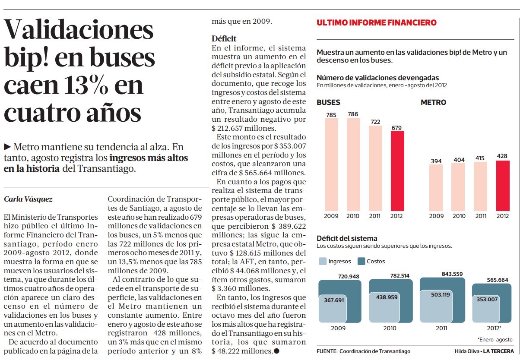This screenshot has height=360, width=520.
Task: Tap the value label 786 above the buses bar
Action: point(353,114)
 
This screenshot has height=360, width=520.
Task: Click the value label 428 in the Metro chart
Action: point(502,156)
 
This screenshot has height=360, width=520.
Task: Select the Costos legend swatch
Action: point(361,261)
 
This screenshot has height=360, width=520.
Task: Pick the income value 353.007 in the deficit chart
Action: point(487,299)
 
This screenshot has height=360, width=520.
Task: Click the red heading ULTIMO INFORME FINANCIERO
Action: point(376,23)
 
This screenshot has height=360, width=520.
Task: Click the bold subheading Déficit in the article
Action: point(224,38)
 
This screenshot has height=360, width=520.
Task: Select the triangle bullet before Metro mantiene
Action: point(8,146)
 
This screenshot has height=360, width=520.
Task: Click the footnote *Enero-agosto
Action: point(495,340)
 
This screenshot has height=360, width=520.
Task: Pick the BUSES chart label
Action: point(328,103)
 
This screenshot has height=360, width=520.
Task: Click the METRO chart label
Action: point(433,103)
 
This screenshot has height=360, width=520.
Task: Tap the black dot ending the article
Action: point(277,351)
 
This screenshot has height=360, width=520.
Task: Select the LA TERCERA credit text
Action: point(498,351)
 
